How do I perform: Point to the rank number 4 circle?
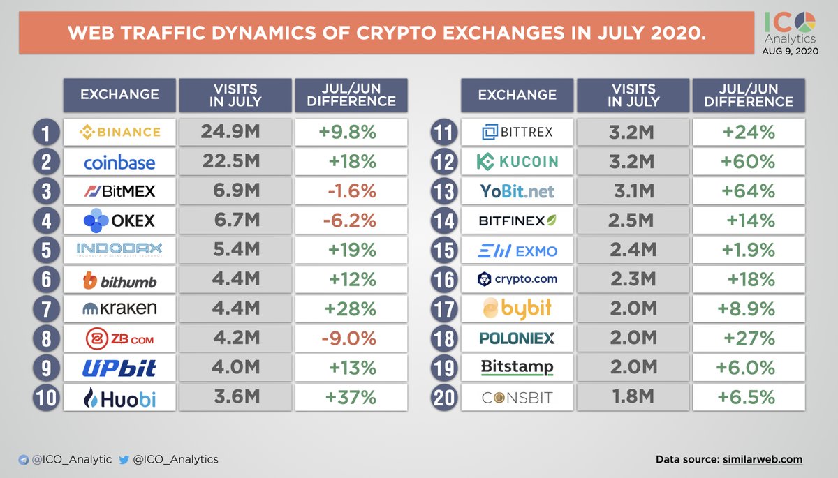click(x=45, y=221)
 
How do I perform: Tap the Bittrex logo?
click(x=517, y=132)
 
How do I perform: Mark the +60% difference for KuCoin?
click(x=749, y=162)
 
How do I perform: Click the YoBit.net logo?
click(x=517, y=191)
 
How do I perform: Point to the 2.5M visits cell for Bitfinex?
click(x=631, y=221)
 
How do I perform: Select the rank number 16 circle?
click(x=443, y=280)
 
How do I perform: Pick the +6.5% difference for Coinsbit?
click(x=749, y=398)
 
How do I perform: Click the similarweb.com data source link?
click(x=764, y=459)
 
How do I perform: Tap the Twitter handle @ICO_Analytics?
click(x=176, y=459)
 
